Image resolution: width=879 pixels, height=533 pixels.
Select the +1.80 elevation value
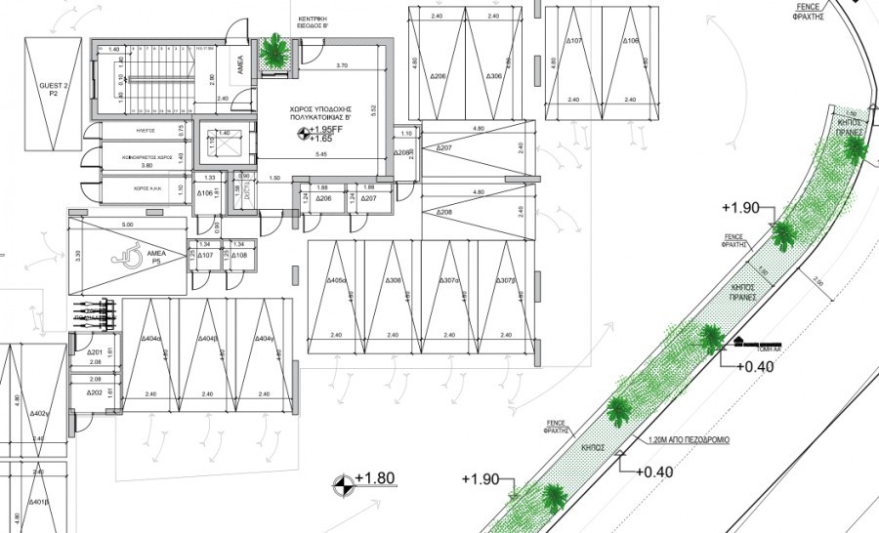375,478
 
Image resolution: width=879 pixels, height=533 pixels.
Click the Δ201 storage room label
95,352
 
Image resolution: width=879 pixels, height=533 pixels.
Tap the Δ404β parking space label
206,338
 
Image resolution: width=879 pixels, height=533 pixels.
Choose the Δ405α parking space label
338,281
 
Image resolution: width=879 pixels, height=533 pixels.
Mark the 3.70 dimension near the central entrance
341,65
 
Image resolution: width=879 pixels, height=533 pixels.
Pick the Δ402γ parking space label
39,414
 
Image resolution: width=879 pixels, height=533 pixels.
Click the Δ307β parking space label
505,281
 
